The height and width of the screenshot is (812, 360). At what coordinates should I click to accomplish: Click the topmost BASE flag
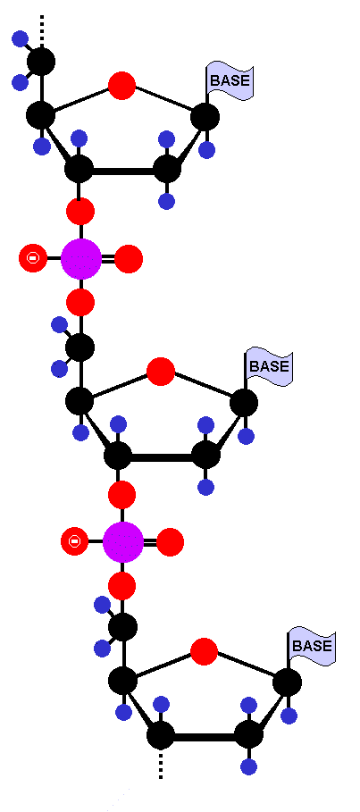tap(230, 80)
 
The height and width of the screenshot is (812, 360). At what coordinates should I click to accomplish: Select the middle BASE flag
tap(269, 366)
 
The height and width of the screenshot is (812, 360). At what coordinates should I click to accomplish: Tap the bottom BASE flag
tap(311, 646)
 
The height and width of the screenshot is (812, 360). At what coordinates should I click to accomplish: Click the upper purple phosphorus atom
tap(80, 258)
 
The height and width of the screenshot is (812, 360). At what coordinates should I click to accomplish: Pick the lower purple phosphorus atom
tap(122, 541)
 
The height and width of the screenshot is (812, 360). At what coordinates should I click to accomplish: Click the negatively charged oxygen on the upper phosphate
tap(33, 257)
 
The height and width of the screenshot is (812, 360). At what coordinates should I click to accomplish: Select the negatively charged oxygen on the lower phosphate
tap(74, 541)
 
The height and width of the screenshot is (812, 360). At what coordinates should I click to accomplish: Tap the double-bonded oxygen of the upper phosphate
tap(129, 259)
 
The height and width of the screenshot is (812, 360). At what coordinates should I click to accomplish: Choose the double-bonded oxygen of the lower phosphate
tap(170, 542)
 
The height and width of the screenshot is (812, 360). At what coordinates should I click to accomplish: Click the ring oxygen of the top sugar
tap(121, 86)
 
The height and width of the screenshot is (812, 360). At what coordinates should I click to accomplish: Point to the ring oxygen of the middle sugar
tap(161, 372)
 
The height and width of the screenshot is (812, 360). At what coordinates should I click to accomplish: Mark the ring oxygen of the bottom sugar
tap(204, 651)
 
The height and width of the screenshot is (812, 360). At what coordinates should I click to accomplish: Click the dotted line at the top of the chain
tap(42, 30)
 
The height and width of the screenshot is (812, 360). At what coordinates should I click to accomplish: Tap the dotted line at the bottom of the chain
tap(161, 764)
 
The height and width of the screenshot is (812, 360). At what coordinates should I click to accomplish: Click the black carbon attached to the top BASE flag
tap(205, 116)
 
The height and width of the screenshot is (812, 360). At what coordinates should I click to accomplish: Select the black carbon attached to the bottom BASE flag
tap(287, 682)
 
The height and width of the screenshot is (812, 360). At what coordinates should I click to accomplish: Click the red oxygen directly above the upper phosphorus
tap(80, 212)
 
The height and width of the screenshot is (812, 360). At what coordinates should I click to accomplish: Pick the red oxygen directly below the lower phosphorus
tap(122, 586)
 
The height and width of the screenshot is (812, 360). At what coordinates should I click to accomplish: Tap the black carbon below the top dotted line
tap(41, 62)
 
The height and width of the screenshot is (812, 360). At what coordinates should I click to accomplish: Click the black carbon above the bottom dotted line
tap(161, 735)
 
